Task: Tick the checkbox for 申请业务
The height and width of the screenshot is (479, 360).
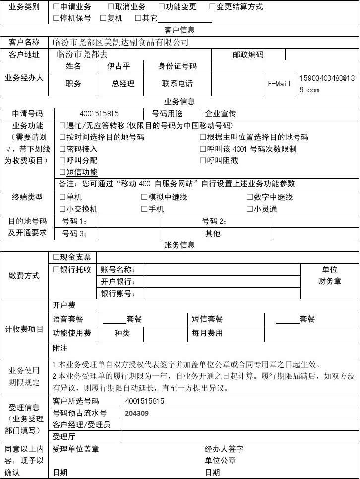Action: click(56, 7)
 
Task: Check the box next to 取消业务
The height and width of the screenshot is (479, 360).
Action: click(111, 7)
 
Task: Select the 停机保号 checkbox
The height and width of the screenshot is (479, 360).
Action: click(56, 18)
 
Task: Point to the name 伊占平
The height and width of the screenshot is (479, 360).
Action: click(119, 66)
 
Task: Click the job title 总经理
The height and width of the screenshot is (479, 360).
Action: click(123, 84)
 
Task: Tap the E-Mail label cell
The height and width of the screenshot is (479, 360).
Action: click(279, 84)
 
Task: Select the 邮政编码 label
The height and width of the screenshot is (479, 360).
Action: click(248, 55)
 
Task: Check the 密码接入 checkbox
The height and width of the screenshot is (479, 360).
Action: click(62, 149)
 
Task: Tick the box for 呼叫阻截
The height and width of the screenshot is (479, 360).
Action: click(203, 161)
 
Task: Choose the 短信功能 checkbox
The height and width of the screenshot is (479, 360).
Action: click(62, 172)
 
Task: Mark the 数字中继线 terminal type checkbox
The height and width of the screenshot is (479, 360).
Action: click(250, 197)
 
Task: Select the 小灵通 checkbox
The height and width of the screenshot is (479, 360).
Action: click(250, 209)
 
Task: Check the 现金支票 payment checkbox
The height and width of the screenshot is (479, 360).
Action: click(56, 257)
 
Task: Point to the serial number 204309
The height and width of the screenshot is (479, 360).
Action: click(137, 413)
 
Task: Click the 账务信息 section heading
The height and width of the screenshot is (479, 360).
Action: click(180, 245)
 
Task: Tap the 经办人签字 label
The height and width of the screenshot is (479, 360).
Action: click(224, 449)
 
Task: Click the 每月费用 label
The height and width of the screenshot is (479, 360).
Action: click(207, 333)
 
